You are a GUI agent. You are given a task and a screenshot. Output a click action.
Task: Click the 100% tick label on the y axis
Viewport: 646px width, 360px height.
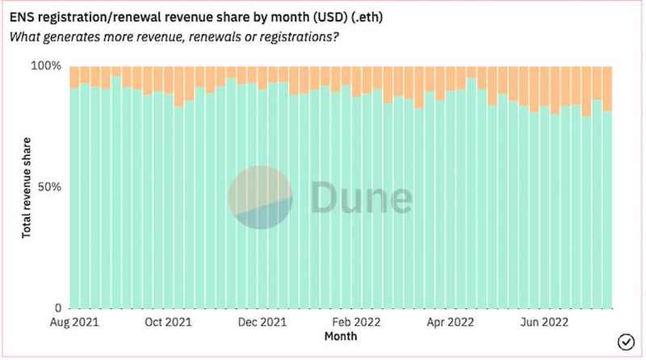(x=45, y=65)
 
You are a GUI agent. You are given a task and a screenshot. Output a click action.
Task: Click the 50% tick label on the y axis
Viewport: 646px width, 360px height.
(x=48, y=186)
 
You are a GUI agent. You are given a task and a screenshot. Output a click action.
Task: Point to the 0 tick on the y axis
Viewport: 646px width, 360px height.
(x=57, y=308)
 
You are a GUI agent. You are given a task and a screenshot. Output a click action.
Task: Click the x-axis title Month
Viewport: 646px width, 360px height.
(x=340, y=334)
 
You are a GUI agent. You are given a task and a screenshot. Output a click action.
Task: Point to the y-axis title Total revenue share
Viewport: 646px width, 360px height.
(x=27, y=186)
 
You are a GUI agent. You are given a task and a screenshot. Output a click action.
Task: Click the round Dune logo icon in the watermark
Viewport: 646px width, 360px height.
(x=260, y=198)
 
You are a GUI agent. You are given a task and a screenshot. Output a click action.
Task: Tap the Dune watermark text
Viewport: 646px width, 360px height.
(x=359, y=198)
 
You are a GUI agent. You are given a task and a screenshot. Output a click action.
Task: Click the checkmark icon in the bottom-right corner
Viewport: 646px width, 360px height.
(x=625, y=340)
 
